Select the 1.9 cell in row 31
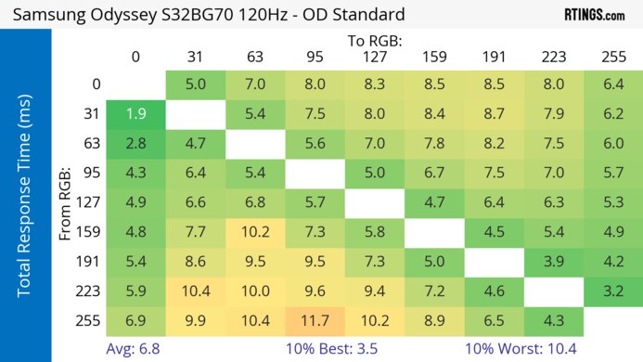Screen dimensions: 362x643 135,114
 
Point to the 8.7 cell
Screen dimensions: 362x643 494,114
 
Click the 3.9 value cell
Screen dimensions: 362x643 553,261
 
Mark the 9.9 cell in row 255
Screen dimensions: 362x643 195,320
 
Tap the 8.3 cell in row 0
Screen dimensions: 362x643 374,84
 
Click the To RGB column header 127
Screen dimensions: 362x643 374,57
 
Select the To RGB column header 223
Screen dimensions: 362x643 553,57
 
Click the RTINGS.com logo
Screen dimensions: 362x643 594,15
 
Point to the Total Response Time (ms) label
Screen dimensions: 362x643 25,200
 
